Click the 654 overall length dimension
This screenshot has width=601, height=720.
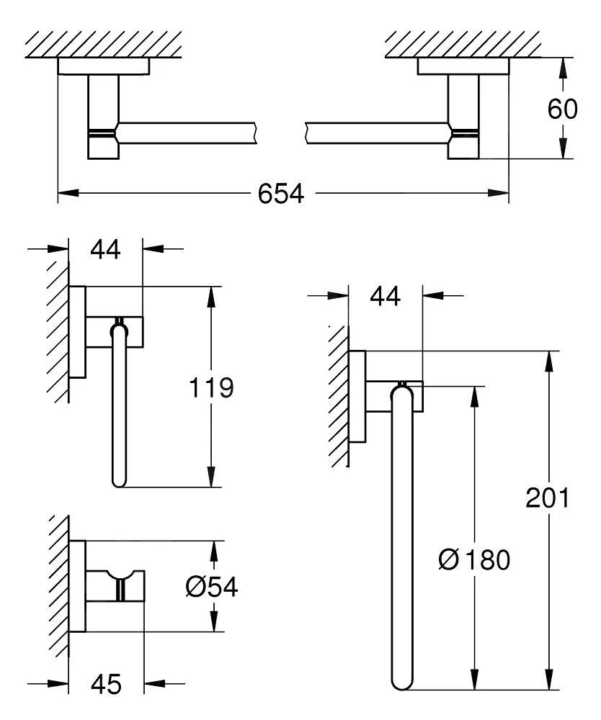point(277,194)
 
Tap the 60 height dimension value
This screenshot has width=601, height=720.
point(562,109)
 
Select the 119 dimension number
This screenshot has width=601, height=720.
point(211,388)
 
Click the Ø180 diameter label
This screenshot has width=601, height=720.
point(473,559)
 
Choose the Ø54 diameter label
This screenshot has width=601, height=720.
point(211,588)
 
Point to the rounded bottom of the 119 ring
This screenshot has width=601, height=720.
point(120,481)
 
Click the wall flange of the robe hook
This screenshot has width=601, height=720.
point(79,586)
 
